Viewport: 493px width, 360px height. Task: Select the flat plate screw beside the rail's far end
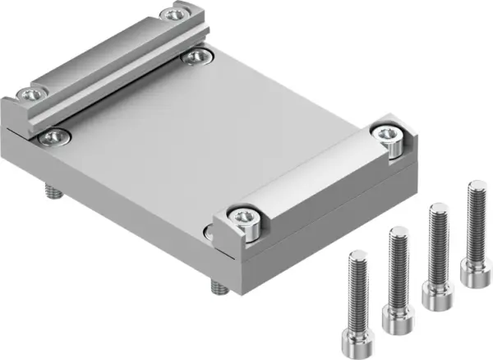(x=196, y=55)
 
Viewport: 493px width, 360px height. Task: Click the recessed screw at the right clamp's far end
(x=385, y=133)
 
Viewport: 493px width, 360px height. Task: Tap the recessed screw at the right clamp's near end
(x=245, y=216)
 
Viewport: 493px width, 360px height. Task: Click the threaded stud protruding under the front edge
(x=219, y=288)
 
